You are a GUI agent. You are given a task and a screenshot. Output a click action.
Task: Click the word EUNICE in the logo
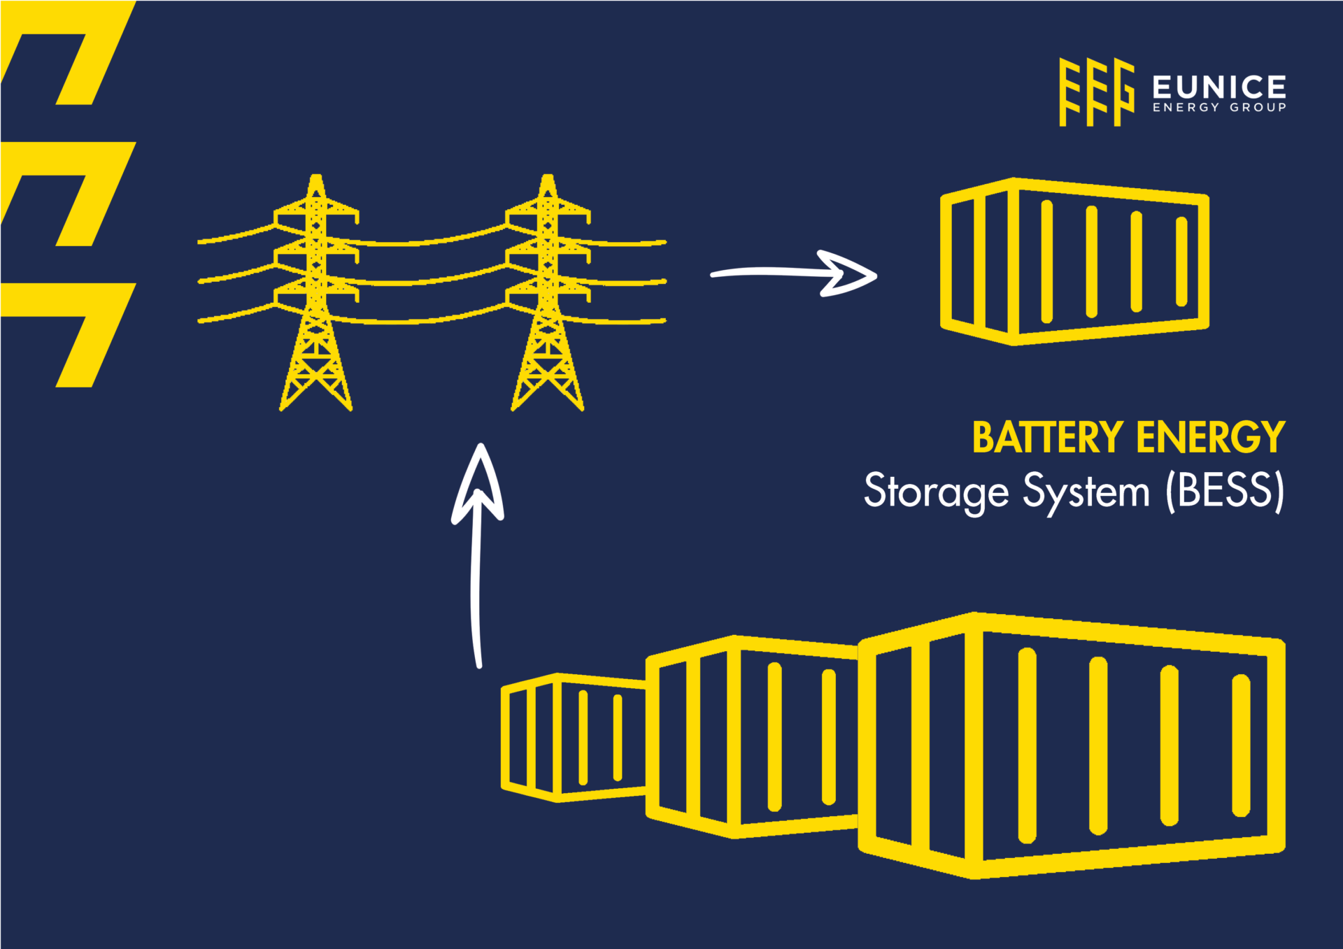coord(1218,87)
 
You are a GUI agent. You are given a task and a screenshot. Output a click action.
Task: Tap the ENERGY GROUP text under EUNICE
coord(1218,108)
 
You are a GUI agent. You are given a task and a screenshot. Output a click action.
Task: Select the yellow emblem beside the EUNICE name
coord(1095,92)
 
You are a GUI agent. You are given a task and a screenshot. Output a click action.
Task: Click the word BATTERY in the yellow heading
coord(1047,438)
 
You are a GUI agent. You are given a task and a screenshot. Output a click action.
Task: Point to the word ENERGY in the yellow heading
coord(1210,438)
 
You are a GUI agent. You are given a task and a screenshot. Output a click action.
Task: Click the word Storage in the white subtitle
coord(935,491)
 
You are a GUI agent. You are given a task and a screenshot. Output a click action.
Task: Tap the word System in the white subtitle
coord(1086,491)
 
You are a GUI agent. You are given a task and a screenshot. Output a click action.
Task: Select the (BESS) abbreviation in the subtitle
coord(1225,491)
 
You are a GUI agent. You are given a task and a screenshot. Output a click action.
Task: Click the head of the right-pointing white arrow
coord(850,273)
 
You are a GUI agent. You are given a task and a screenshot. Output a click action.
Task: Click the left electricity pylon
coord(316,294)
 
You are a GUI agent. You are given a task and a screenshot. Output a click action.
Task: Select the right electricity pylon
coord(548,294)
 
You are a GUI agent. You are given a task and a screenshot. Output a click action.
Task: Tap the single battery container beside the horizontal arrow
coord(1074,261)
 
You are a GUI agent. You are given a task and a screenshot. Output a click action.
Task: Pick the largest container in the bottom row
coord(1070,745)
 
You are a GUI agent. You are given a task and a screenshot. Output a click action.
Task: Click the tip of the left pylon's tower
coord(316,178)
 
